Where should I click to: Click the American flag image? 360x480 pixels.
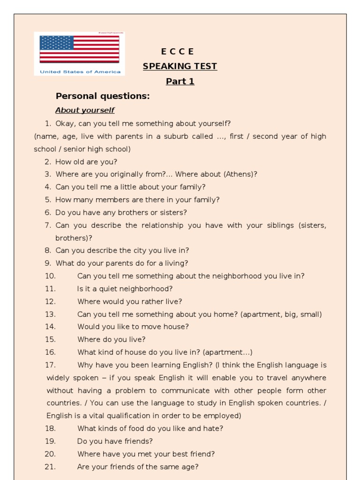click(x=79, y=49)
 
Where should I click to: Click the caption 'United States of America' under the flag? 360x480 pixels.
click(x=80, y=72)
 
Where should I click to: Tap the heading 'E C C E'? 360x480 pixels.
click(x=177, y=52)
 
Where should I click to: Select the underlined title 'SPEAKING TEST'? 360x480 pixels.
click(x=180, y=67)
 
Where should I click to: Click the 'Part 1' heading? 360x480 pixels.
click(x=180, y=82)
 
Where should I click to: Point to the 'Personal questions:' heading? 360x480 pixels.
click(x=103, y=96)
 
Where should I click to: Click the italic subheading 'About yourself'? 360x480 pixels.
click(x=85, y=111)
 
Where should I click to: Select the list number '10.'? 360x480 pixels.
click(x=51, y=276)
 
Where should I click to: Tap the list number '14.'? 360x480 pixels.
click(x=51, y=327)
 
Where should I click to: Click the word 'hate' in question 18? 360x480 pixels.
click(x=212, y=428)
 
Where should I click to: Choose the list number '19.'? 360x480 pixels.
click(x=51, y=441)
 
